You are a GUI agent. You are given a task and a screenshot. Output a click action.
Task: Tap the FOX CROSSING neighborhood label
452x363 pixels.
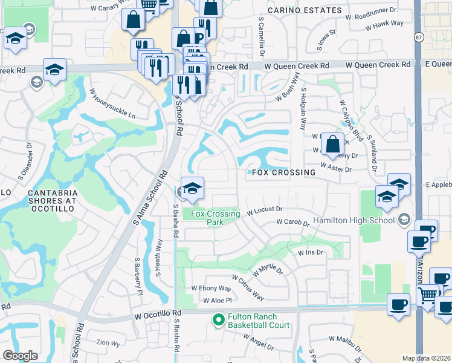click(281, 172)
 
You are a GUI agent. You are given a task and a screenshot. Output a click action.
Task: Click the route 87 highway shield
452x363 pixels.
click(419, 38)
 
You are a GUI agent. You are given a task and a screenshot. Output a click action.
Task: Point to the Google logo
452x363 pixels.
click(21, 356)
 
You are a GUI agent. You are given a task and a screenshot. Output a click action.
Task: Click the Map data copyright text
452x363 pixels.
click(426, 358)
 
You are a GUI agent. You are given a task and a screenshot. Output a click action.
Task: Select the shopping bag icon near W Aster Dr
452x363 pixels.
click(332, 145)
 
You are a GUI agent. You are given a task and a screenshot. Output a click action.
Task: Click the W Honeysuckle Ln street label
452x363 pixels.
click(113, 104)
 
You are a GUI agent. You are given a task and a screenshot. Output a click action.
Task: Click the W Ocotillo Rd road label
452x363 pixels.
click(158, 315)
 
